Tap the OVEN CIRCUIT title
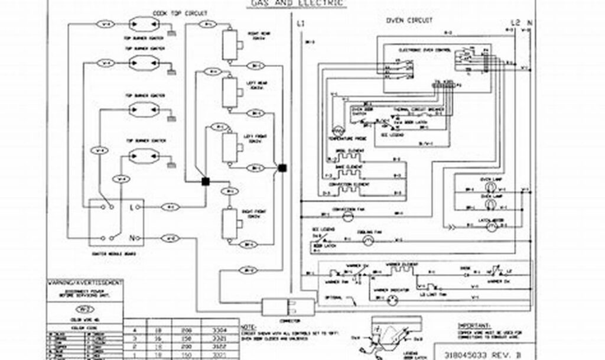(x=409, y=20)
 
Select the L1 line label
(x=301, y=24)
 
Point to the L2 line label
(x=515, y=23)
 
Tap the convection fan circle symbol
(x=348, y=216)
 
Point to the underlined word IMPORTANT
(x=474, y=325)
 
